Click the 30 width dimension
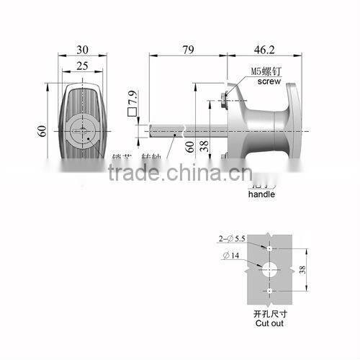(x=82, y=50)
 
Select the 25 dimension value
(x=82, y=67)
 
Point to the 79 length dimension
(x=189, y=50)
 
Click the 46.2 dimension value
(x=261, y=50)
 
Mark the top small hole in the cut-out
(x=269, y=248)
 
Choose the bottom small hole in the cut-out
(x=269, y=291)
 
